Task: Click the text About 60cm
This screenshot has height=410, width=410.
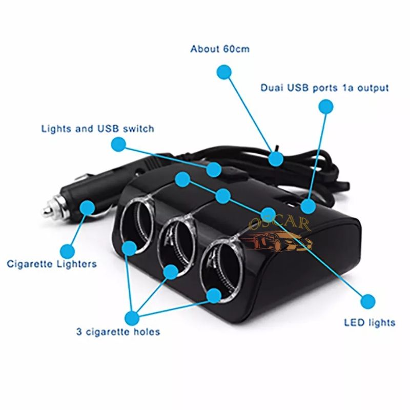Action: pyautogui.click(x=220, y=49)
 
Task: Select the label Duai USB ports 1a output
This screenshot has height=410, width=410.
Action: pyautogui.click(x=324, y=88)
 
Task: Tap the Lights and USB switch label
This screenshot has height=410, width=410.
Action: pyautogui.click(x=97, y=128)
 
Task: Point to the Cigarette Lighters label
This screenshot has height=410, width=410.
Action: pyautogui.click(x=52, y=264)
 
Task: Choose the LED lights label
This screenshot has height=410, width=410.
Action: pyautogui.click(x=370, y=322)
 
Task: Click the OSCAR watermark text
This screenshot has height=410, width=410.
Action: pyautogui.click(x=280, y=224)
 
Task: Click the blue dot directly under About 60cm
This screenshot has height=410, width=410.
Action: pyautogui.click(x=223, y=72)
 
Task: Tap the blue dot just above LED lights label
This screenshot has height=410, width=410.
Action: pyautogui.click(x=367, y=301)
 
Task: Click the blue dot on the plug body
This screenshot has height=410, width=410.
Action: pyautogui.click(x=88, y=208)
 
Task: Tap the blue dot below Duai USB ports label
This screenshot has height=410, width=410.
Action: pyautogui.click(x=325, y=107)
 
